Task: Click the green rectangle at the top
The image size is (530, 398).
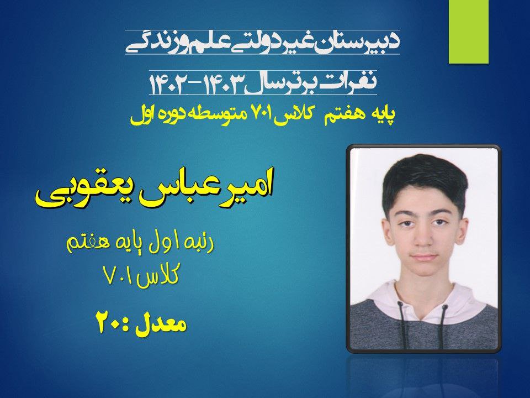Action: [x=469, y=32]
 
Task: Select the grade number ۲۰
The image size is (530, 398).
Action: [x=109, y=322]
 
